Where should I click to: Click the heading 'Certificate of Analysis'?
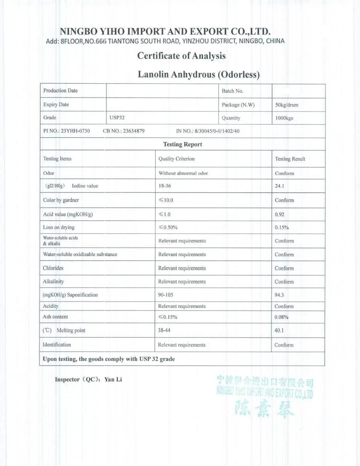(x=181, y=56)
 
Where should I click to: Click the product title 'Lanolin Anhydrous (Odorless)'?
(x=198, y=75)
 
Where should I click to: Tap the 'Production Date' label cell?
(x=60, y=91)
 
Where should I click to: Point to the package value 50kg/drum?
(x=286, y=105)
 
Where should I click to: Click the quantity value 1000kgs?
(x=284, y=118)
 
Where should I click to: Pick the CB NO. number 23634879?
(x=134, y=131)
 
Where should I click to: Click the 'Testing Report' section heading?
(x=182, y=145)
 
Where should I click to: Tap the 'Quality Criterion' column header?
(x=177, y=159)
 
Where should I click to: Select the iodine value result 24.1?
(x=279, y=186)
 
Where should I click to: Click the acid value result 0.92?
(x=279, y=214)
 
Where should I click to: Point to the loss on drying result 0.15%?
(x=281, y=228)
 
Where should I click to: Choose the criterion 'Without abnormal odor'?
(x=183, y=173)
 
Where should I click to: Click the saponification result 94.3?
(x=279, y=295)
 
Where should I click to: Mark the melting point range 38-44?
(x=164, y=331)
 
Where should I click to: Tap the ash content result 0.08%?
(x=281, y=317)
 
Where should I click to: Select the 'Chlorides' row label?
(x=53, y=268)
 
